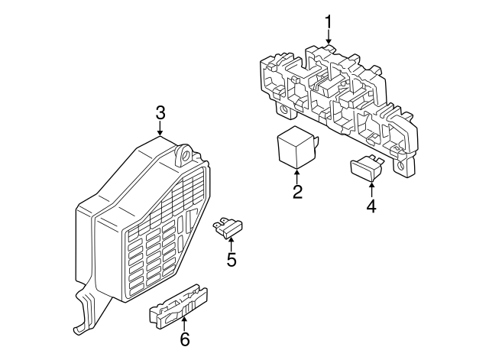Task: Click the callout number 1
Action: [x=329, y=21]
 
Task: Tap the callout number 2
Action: [x=297, y=192]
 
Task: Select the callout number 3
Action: [x=160, y=113]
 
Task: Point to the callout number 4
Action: [x=371, y=206]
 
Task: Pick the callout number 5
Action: [x=231, y=260]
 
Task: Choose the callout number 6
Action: [x=183, y=339]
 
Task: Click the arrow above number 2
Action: [x=297, y=176]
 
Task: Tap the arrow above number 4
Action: [x=371, y=189]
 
